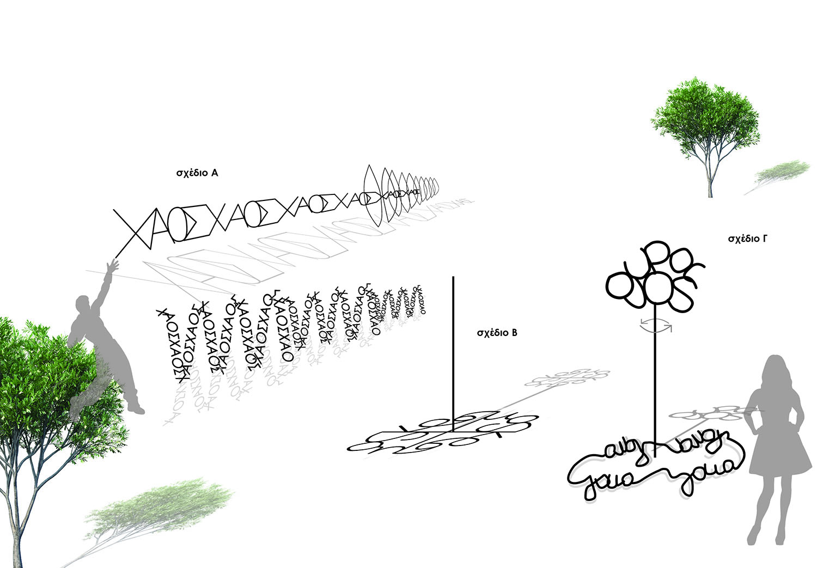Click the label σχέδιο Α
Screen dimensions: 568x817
(x=197, y=174)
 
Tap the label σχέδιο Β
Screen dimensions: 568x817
(x=496, y=333)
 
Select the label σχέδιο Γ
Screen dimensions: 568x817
(x=748, y=239)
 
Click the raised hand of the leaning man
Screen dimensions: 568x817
(x=112, y=266)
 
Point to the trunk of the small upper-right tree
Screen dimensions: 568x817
(x=710, y=177)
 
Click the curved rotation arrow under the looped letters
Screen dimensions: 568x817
(x=656, y=325)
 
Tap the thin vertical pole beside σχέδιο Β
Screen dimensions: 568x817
(x=453, y=349)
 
